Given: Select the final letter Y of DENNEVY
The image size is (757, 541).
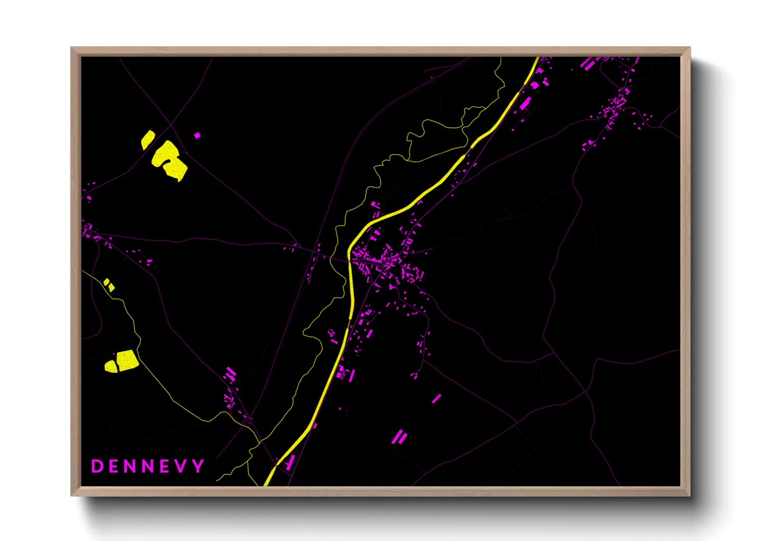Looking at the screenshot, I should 198,466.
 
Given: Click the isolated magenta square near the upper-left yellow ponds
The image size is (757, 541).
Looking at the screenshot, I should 197,136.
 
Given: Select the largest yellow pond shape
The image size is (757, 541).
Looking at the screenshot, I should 170,160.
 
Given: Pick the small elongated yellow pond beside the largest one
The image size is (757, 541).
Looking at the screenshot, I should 148,140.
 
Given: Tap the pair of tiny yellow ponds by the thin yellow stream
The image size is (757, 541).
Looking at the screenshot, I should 109,285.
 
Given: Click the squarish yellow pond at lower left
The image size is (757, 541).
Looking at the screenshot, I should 127,359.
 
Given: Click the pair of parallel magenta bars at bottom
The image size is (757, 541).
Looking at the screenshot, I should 399,437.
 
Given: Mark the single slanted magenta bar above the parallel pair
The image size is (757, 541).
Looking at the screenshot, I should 436,398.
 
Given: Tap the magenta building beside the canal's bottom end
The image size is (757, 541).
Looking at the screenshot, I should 290,463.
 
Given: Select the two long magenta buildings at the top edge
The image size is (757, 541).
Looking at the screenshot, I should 588,63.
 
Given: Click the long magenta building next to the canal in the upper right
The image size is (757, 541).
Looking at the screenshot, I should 525,103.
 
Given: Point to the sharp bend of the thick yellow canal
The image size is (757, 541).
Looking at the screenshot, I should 350,256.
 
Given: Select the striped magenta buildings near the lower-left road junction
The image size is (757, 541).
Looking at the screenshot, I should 230,374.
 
